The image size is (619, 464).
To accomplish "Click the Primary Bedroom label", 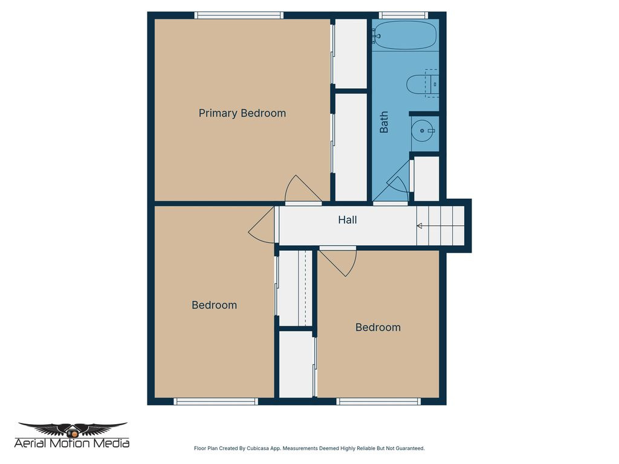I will click(x=242, y=113).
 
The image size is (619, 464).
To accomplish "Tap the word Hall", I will click(x=347, y=220).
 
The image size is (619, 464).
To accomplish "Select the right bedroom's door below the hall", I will click(x=339, y=261).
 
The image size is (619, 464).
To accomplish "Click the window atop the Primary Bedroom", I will click(x=239, y=15).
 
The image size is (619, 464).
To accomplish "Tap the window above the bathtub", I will click(x=403, y=15).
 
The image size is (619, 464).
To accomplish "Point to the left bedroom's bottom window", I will click(x=216, y=401).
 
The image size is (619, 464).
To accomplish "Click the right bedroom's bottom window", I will click(x=378, y=401).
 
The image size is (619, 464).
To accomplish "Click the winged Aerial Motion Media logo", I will click(x=72, y=430).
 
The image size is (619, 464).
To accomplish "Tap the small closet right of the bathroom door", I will click(x=427, y=178).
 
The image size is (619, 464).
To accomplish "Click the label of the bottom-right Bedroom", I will click(x=378, y=327).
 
